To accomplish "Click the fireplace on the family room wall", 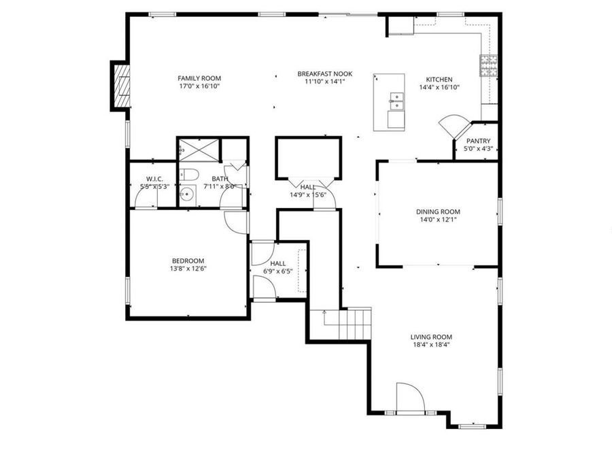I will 121,86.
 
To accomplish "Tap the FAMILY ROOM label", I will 199,78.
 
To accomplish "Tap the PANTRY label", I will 478,141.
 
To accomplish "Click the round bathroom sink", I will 187,195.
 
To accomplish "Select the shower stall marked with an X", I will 199,148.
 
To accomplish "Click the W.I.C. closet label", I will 154,178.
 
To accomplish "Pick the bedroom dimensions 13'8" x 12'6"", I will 188,269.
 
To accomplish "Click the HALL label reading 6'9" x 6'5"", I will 277,263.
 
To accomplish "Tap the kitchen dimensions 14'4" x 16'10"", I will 439,87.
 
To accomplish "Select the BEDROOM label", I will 188,260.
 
